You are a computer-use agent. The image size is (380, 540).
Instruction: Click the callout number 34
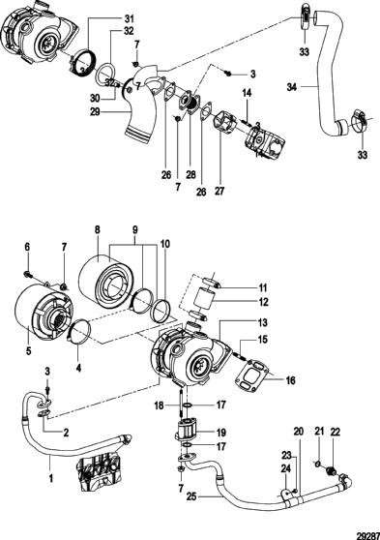click(x=292, y=87)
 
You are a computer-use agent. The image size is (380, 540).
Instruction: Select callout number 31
click(x=130, y=18)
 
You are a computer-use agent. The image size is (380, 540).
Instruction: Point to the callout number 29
click(x=95, y=112)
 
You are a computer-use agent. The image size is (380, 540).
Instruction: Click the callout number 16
click(x=291, y=380)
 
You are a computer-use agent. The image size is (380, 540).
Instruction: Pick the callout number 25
click(x=192, y=496)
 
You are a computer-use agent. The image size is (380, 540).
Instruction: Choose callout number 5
click(x=29, y=350)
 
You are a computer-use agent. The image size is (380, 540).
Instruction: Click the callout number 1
click(x=50, y=478)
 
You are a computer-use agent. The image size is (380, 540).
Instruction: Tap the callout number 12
click(x=263, y=302)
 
